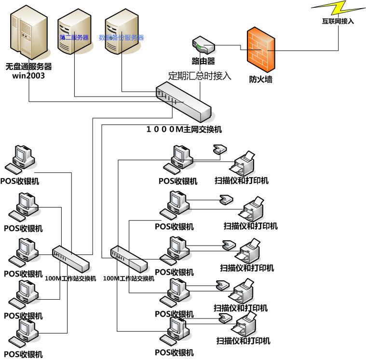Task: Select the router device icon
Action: point(203,45)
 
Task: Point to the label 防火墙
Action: point(260,79)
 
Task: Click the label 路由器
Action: point(203,61)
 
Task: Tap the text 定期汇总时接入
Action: point(200,76)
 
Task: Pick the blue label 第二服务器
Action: point(74,37)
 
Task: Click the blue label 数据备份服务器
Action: point(121,37)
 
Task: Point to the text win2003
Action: point(28,76)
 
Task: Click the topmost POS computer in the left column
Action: point(20,159)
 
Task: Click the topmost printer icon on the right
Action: point(244,163)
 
